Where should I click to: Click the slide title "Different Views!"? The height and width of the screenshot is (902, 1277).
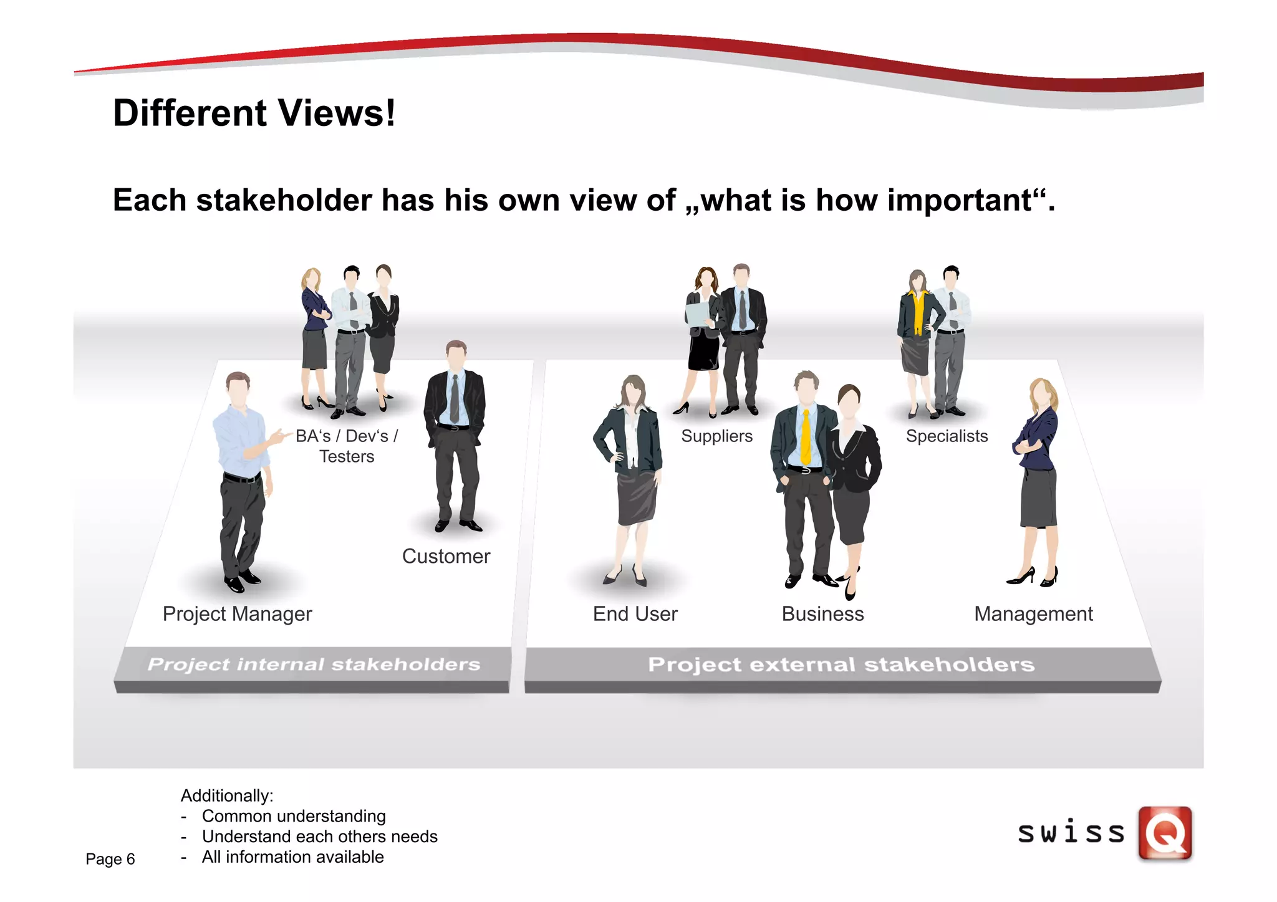click(254, 113)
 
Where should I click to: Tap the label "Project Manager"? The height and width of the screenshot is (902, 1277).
click(237, 614)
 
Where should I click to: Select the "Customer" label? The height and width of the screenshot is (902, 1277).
click(446, 556)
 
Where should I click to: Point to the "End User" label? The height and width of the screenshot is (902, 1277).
click(635, 614)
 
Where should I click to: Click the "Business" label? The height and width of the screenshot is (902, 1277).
click(822, 614)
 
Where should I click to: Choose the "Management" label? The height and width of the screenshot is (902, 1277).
click(1033, 614)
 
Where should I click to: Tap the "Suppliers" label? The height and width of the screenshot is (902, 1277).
click(716, 436)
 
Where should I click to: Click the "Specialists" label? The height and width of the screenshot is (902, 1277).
click(947, 436)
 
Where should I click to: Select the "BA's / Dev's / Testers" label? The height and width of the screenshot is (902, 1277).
click(347, 446)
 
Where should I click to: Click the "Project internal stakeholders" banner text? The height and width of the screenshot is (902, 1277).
click(314, 665)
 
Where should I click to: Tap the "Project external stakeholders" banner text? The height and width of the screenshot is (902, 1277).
click(841, 665)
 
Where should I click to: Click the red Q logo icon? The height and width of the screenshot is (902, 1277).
click(1165, 833)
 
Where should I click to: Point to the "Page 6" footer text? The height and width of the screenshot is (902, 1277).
click(110, 859)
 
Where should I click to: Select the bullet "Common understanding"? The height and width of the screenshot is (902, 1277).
click(294, 816)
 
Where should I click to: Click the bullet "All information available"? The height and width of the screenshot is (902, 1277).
click(292, 857)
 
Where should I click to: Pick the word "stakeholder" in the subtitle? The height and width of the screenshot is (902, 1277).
click(284, 201)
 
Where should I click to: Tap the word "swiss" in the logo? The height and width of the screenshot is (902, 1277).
click(1071, 833)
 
